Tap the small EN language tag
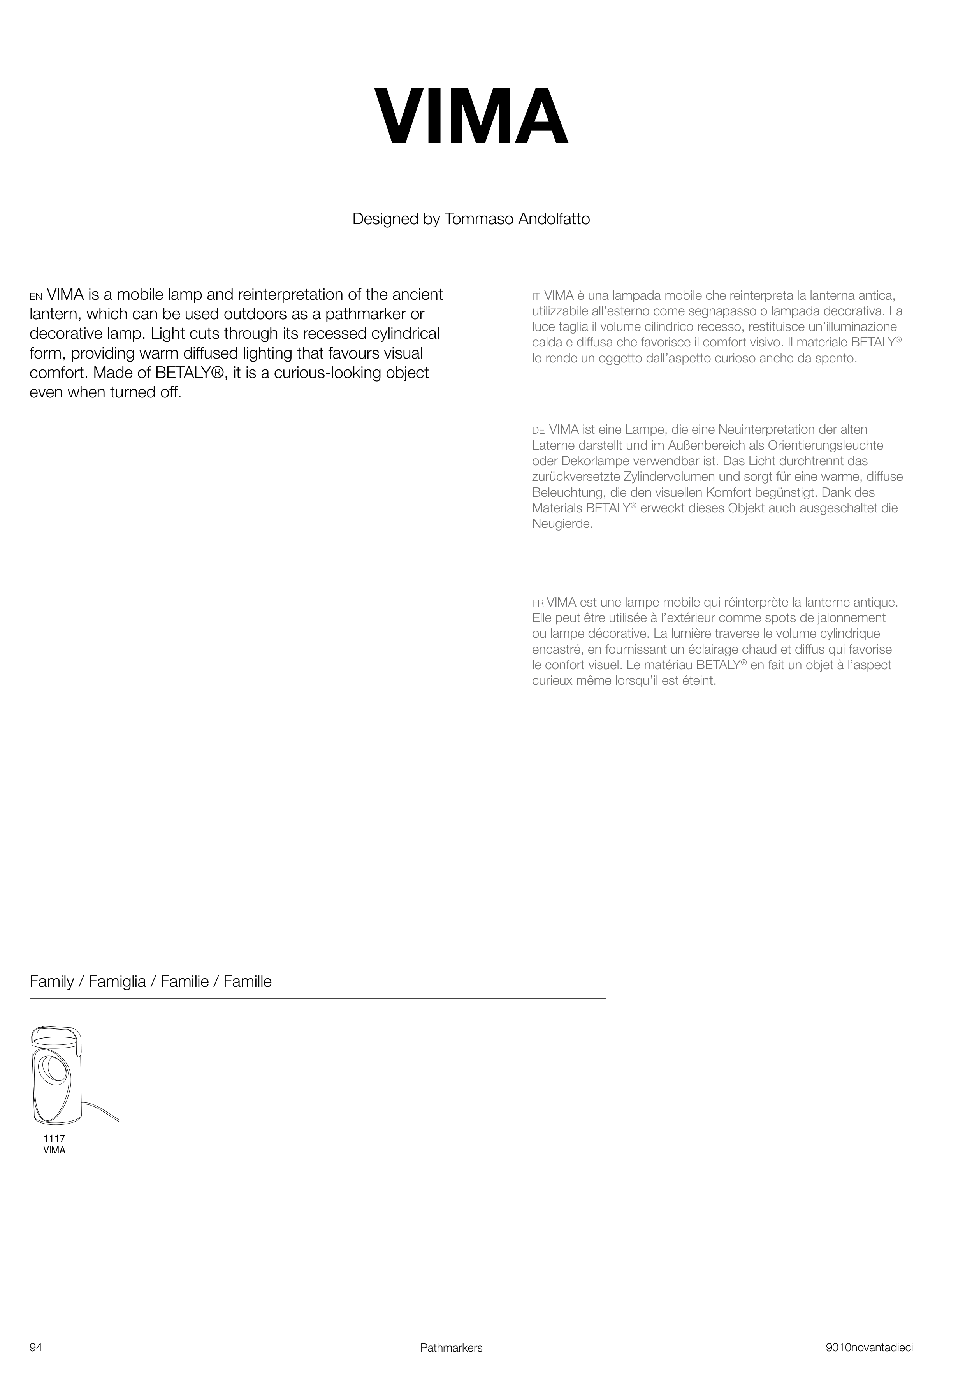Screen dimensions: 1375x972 click(36, 296)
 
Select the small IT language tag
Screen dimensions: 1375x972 click(536, 296)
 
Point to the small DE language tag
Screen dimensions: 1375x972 click(538, 431)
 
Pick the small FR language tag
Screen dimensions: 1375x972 click(538, 603)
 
